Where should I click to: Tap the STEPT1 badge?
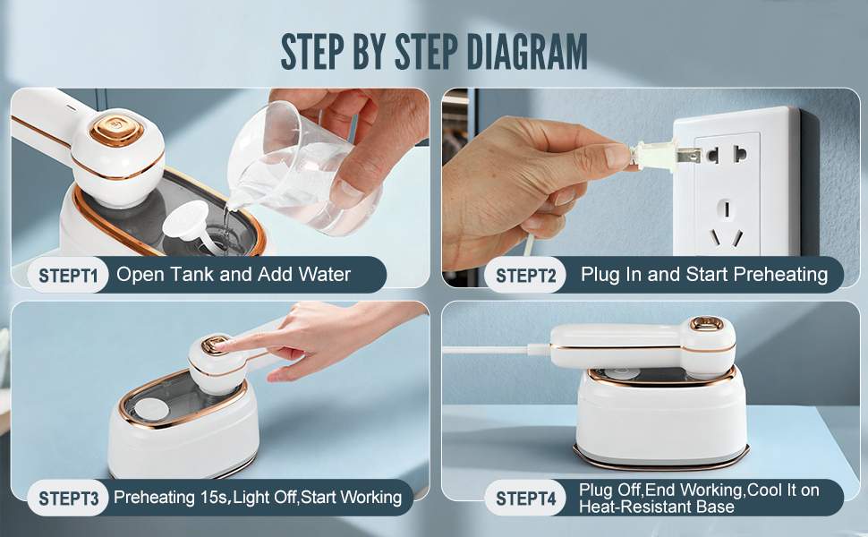[x=67, y=275]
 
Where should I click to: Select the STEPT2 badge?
[x=525, y=275]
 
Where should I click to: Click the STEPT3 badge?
[x=67, y=498]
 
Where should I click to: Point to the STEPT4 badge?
[x=525, y=498]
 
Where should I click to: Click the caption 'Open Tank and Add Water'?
[x=234, y=275]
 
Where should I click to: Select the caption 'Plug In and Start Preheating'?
[x=704, y=275]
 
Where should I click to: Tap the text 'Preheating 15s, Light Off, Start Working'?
[x=258, y=497]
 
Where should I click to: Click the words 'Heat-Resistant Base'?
[x=657, y=507]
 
